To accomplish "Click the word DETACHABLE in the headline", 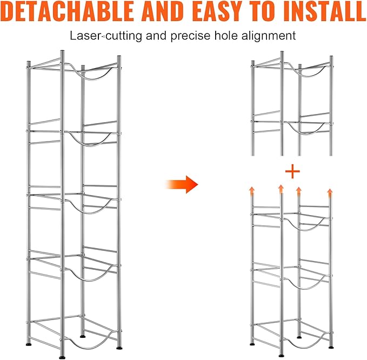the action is tap(68, 11).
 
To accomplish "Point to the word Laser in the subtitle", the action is tap(85, 36).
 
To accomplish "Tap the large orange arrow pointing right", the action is tap(182, 184).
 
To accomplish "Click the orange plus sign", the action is tap(292, 171).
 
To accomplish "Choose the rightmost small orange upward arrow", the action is tap(330, 192).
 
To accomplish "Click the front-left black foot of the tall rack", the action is tap(63, 357).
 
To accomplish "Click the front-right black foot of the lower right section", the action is tap(331, 348).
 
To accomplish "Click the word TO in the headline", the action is tap(265, 11).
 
